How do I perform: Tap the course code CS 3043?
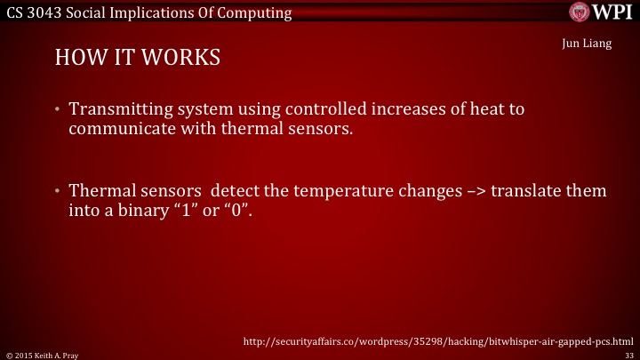31,12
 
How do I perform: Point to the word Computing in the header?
255,12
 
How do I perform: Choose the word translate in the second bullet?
521,191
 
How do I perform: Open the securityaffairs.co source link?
437,340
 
